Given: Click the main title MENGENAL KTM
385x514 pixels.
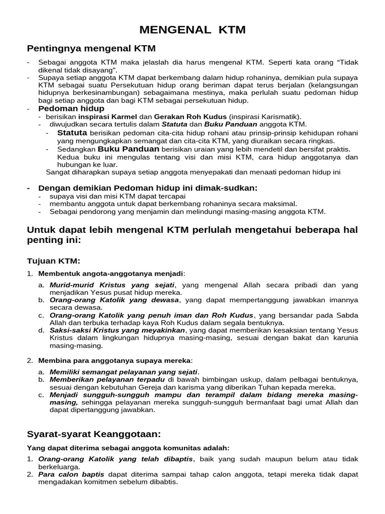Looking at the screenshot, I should (x=192, y=30).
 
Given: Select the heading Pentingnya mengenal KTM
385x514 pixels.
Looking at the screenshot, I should (x=91, y=48).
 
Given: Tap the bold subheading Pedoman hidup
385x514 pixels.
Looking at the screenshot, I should (x=71, y=108).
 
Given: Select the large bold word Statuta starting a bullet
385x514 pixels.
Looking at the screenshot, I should (x=72, y=133).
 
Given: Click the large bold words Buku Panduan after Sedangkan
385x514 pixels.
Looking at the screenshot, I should (x=128, y=149).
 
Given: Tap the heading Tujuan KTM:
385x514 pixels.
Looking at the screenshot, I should (x=53, y=261).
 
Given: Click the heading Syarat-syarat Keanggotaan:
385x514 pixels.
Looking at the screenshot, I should (x=93, y=434).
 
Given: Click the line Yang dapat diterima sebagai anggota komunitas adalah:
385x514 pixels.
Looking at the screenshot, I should (x=128, y=447).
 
